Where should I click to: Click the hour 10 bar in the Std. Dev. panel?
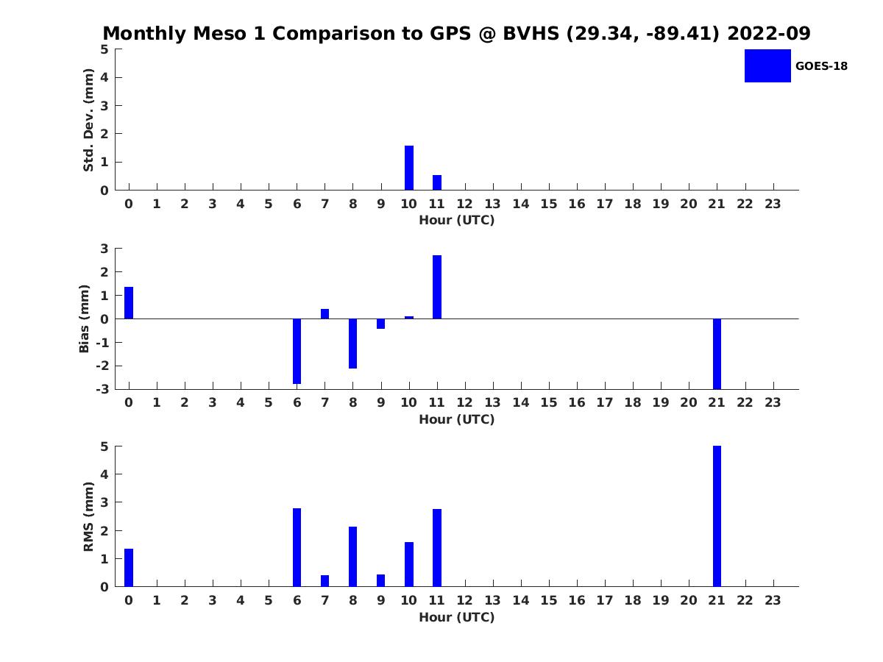tap(408, 168)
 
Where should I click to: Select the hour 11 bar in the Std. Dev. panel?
tap(437, 182)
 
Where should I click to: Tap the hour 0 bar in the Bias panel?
tap(129, 302)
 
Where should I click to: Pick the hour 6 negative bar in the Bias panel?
tap(297, 352)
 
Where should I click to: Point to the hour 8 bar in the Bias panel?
tap(352, 344)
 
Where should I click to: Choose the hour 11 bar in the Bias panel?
tap(437, 287)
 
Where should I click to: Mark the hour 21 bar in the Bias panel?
tap(717, 354)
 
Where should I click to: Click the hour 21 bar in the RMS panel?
tap(717, 516)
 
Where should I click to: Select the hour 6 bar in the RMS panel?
tap(297, 547)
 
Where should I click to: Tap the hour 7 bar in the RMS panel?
tap(325, 581)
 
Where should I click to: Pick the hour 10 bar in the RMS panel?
tap(408, 564)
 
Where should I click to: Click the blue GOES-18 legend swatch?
tap(767, 66)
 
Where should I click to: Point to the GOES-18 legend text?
tap(821, 66)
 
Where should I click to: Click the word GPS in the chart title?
tap(450, 33)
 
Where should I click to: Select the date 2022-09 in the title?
tap(769, 33)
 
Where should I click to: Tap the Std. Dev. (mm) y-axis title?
tap(88, 120)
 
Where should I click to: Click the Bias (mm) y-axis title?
tap(84, 318)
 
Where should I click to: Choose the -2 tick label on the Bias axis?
tap(102, 366)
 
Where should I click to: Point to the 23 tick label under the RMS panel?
tap(773, 600)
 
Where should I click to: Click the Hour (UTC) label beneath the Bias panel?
tap(457, 419)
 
